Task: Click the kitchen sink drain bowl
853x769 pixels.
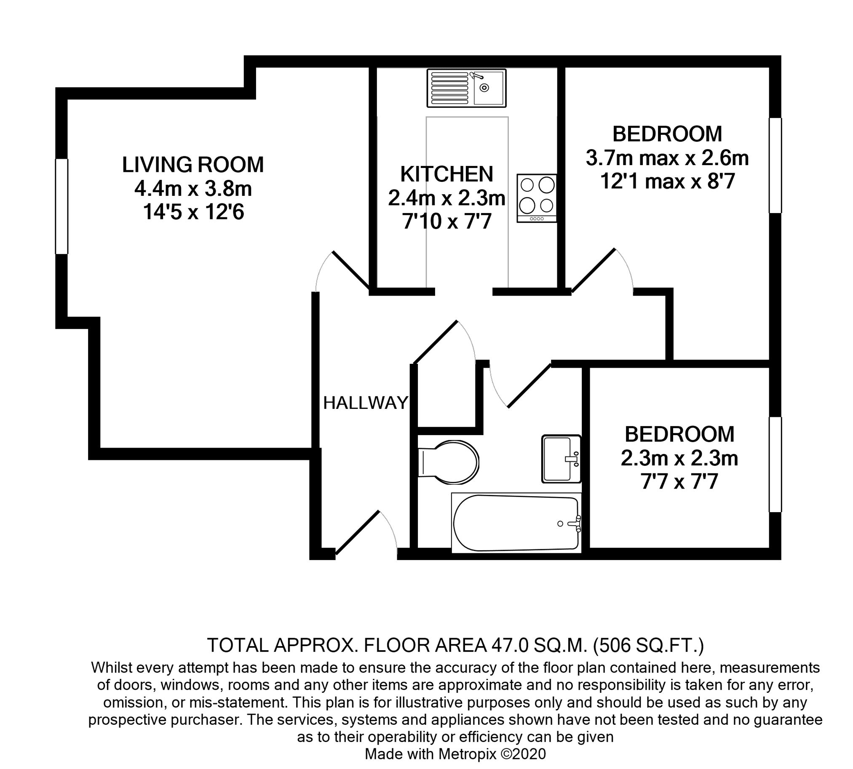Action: (489, 88)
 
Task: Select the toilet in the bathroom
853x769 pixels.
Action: (448, 462)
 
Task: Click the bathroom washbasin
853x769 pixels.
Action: (562, 459)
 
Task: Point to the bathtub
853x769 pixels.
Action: (516, 523)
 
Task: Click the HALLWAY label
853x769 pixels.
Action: (366, 403)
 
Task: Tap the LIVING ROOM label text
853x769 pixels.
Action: (193, 164)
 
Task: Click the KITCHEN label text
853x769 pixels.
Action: (447, 174)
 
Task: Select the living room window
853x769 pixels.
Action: (62, 206)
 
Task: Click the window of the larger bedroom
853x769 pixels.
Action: (775, 165)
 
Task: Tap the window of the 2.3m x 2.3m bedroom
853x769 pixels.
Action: (775, 465)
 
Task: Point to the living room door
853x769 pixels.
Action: (343, 271)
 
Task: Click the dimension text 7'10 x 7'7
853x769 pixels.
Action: (447, 221)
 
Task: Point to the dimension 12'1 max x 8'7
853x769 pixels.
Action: (667, 182)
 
